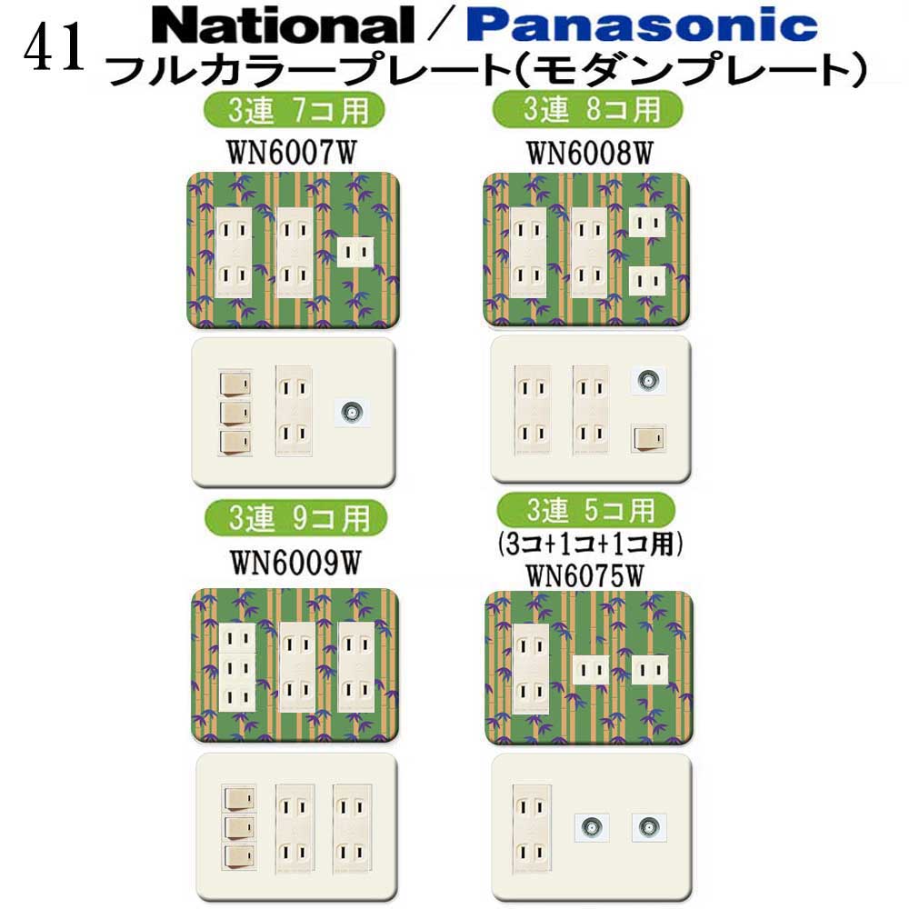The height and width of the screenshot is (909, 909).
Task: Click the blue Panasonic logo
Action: [x=640, y=25]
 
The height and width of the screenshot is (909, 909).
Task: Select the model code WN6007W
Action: [x=293, y=151]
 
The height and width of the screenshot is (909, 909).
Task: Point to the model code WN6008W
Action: [x=589, y=151]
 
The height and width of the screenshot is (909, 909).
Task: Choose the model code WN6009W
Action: [x=295, y=561]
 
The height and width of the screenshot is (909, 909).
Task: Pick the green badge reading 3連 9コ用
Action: [x=295, y=519]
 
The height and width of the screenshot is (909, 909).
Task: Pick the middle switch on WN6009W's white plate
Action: [x=238, y=826]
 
